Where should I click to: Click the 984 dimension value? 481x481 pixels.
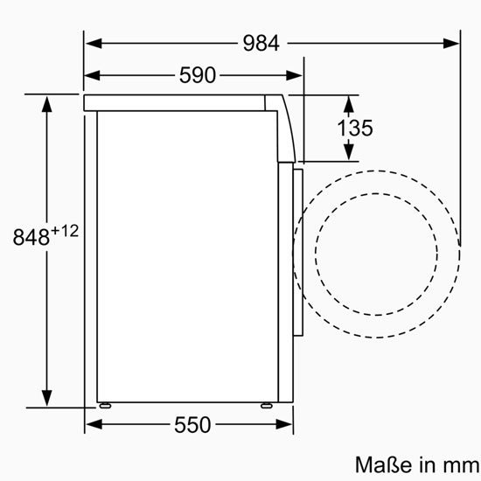point(261,43)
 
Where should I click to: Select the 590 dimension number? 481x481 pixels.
point(198,75)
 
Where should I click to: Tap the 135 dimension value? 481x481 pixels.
point(355,128)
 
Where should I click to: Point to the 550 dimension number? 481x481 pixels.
point(192,425)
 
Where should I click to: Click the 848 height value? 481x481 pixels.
point(31,236)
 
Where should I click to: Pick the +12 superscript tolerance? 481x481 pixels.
point(65,231)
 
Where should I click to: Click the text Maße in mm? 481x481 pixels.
point(417,464)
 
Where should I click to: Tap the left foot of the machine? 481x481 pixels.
point(105,406)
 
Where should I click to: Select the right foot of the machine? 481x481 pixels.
point(266,406)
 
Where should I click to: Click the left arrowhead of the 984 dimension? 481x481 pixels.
point(94,43)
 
